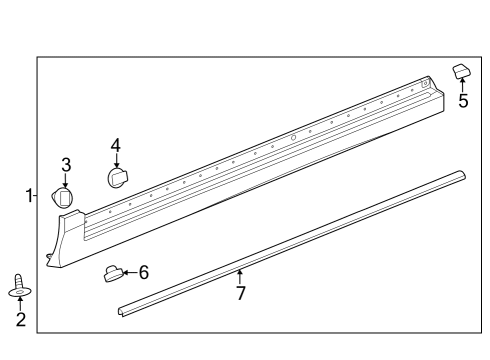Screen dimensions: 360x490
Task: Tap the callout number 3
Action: [x=66, y=164]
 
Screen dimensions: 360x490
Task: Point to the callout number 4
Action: [x=116, y=145]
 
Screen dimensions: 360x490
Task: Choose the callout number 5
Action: [x=463, y=101]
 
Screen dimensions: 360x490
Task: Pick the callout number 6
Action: [x=144, y=272]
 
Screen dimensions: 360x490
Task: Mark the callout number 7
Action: [x=240, y=293]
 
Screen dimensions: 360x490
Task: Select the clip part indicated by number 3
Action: [x=65, y=197]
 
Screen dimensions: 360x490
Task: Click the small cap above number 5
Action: [x=462, y=70]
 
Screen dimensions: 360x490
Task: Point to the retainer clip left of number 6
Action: [x=114, y=272]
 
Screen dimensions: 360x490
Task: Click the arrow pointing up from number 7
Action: [x=240, y=277]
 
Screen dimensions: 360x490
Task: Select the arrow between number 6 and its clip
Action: [x=131, y=272]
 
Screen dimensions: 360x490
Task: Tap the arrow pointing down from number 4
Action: [x=116, y=160]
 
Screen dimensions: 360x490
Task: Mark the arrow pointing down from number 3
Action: [x=66, y=179]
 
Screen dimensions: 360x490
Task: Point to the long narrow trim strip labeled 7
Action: [x=300, y=241]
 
